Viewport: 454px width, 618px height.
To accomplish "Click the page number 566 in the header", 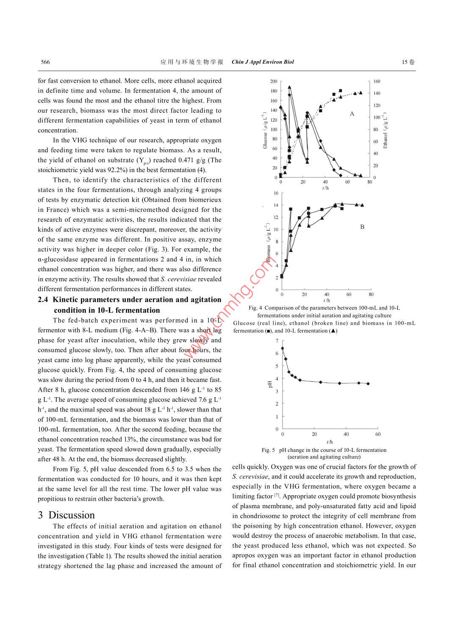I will [x=45, y=62].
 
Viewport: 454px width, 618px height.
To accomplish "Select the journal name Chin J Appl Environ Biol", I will [x=263, y=62].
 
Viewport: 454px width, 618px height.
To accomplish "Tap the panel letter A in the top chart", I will [x=352, y=114].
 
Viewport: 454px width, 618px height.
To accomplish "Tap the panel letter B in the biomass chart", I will [x=362, y=227].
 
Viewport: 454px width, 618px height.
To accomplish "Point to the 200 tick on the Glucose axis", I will [x=274, y=81].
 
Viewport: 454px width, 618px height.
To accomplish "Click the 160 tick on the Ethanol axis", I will [x=376, y=81].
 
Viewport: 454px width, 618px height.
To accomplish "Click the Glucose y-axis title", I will [x=265, y=130].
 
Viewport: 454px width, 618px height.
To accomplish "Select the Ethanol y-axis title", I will [x=385, y=131].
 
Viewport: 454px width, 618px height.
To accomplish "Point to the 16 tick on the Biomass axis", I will [x=276, y=193].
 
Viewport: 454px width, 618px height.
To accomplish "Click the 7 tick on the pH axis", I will [x=277, y=341].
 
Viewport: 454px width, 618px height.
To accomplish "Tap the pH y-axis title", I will [x=270, y=384].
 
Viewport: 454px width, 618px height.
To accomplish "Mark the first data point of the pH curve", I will [x=282, y=348].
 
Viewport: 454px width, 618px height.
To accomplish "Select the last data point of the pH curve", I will [x=368, y=384].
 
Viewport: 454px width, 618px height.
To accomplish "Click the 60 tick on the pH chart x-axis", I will [x=378, y=434].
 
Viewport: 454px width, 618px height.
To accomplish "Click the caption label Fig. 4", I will [x=255, y=308].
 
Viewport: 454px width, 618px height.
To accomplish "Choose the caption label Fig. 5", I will [x=268, y=450].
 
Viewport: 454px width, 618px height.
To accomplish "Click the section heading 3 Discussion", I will [x=66, y=515].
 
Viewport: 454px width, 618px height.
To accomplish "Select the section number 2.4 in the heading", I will [x=43, y=300].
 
